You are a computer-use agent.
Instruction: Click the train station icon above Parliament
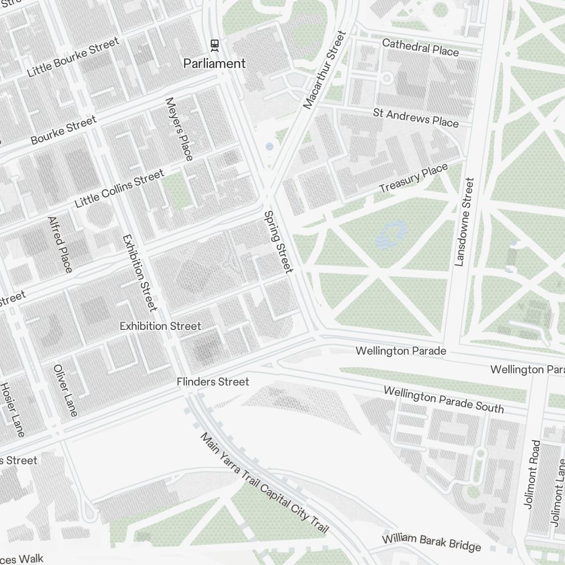pos(214,44)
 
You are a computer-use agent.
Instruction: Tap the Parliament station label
pos(214,63)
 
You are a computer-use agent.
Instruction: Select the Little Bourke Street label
pos(73,57)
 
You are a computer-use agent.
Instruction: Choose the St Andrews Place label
pos(415,118)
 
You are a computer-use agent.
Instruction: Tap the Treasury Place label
pos(413,179)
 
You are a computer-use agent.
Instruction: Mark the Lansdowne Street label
pos(464,222)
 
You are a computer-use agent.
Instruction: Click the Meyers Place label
pos(179,128)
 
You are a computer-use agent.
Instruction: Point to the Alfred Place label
pos(60,244)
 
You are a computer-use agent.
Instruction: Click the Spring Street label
pos(278,242)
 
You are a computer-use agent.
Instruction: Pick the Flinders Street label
pos(212,383)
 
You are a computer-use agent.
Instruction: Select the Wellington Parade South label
pos(444,399)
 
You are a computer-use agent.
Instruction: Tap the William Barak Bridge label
pos(432,542)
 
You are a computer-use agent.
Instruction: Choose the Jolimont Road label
pos(533,474)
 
